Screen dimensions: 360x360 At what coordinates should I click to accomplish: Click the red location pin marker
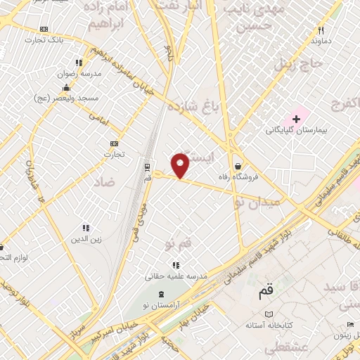click(x=181, y=165)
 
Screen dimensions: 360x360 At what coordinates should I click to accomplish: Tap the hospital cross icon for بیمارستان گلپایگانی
click(x=297, y=119)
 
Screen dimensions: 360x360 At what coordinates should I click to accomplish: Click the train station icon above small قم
click(x=147, y=167)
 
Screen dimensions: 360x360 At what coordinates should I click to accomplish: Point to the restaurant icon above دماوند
click(x=321, y=30)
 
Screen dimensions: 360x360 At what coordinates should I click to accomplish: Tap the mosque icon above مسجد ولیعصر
click(x=66, y=88)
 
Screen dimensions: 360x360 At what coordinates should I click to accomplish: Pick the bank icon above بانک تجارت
click(x=45, y=30)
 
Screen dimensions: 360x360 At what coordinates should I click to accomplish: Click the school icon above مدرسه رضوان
click(x=79, y=63)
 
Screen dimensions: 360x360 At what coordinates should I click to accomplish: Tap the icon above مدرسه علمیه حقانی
click(x=176, y=265)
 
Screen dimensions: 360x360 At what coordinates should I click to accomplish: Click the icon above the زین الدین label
click(x=86, y=228)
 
